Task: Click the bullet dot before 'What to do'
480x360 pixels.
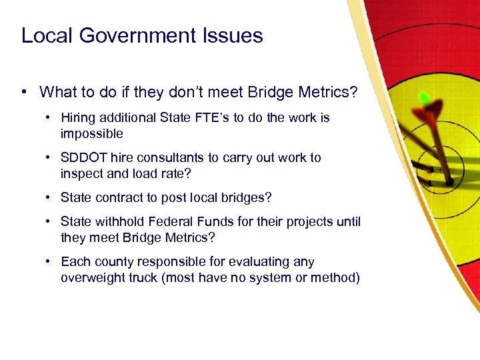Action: coord(25,91)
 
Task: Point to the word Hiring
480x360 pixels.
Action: coord(75,118)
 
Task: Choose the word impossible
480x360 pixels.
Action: coord(92,134)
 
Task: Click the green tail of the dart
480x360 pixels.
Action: coord(424,99)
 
